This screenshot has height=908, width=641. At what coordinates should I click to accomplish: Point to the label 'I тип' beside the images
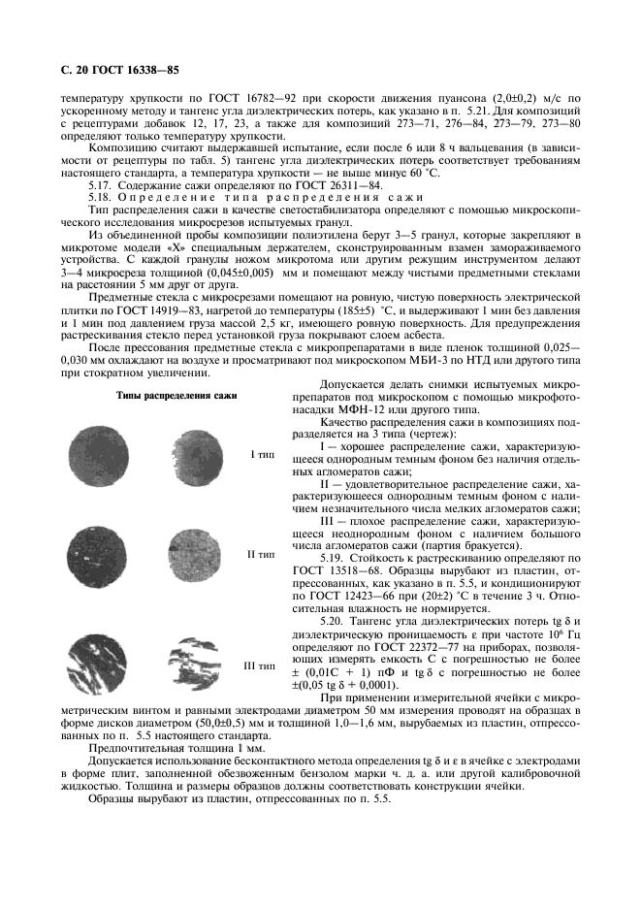click(261, 453)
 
